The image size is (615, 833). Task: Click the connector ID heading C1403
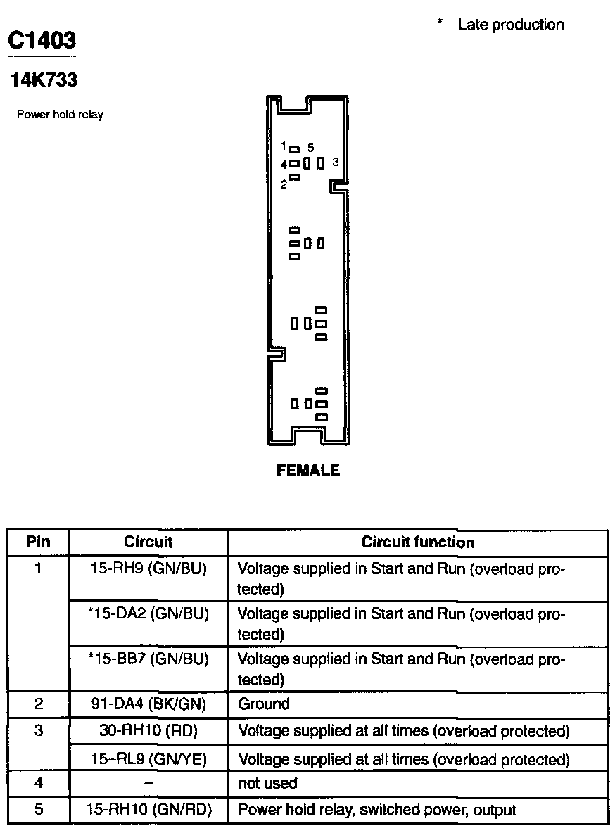42,39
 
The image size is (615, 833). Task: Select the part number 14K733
44,80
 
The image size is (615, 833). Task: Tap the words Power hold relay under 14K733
60,115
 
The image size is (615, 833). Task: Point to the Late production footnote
510,25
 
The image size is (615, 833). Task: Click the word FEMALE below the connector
307,471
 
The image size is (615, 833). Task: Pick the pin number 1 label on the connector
283,146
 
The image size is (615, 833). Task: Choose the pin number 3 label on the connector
336,163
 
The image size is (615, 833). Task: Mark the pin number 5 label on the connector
310,148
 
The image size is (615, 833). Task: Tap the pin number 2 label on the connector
284,184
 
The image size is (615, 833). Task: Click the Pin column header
38,542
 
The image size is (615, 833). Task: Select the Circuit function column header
417,542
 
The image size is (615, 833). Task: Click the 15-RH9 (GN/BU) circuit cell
148,568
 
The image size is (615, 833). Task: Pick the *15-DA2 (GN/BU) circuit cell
148,613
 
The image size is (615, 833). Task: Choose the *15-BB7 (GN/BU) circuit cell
148,659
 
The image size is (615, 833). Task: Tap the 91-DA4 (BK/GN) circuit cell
148,704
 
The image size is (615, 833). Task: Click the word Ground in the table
264,704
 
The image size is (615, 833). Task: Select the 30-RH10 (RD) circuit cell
148,731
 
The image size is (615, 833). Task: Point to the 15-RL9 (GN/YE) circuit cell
148,759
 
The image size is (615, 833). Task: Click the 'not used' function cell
267,783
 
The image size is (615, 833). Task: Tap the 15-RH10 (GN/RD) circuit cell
148,810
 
